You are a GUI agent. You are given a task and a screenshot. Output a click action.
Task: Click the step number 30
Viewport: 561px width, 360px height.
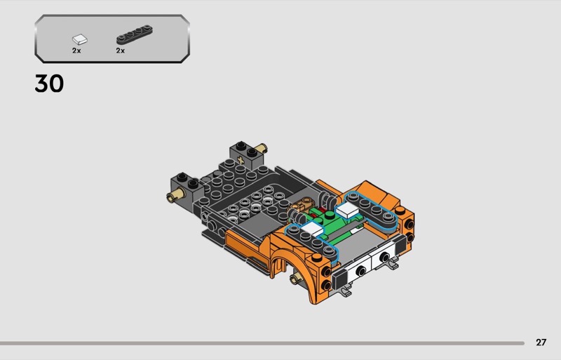click(x=49, y=84)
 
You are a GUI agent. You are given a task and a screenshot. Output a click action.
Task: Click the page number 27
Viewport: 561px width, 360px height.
click(x=541, y=342)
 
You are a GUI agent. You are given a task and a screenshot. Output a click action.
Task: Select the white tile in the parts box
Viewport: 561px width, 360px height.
click(x=80, y=39)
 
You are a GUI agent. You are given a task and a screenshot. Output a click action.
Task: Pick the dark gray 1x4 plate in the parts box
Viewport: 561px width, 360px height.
click(x=135, y=34)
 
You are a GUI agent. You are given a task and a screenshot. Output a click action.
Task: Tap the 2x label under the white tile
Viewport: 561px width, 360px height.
click(x=76, y=51)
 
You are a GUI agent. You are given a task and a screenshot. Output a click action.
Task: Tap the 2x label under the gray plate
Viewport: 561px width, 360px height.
click(x=120, y=51)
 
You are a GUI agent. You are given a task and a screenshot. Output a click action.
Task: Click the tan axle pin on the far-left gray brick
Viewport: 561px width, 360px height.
click(x=175, y=195)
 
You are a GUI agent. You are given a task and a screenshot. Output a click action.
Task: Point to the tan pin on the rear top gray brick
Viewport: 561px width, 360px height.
click(x=262, y=147)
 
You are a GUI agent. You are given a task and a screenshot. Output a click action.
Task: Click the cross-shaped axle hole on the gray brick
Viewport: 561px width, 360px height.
click(x=241, y=161)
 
